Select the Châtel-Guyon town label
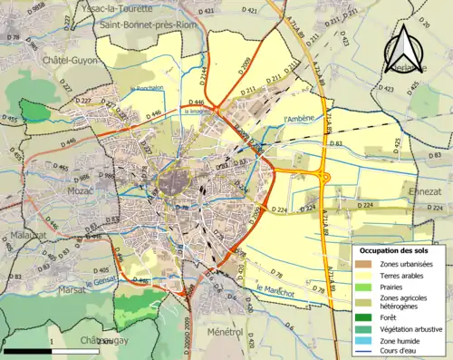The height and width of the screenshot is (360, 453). [49, 60]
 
